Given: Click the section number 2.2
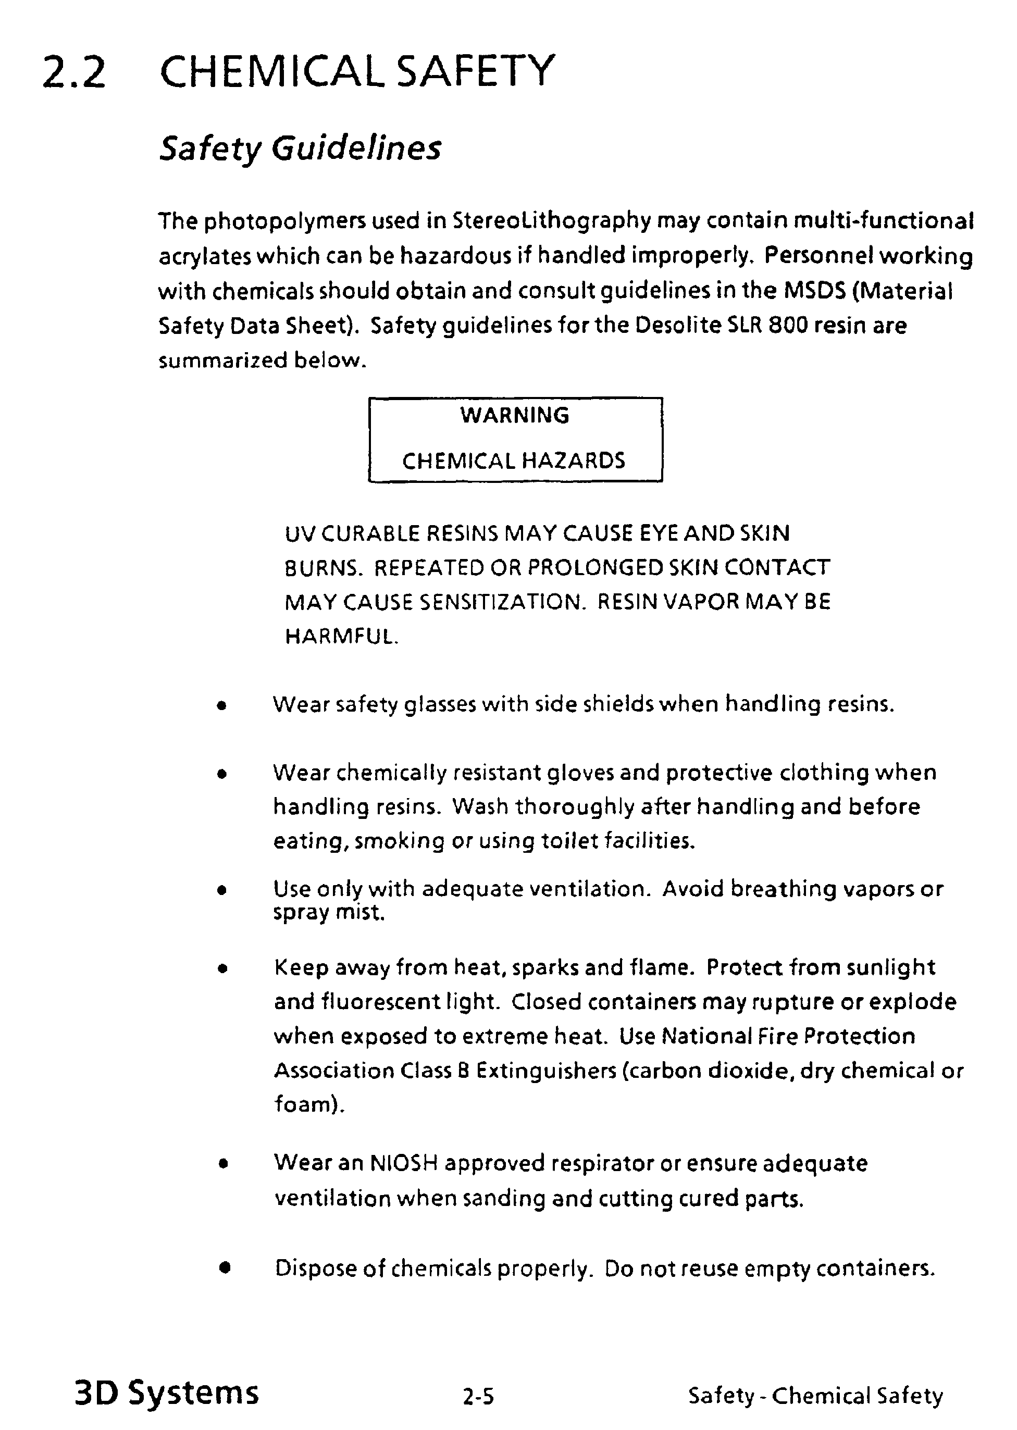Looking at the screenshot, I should tap(74, 71).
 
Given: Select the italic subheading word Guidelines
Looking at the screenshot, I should tap(356, 148).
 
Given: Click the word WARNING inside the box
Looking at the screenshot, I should tap(515, 415).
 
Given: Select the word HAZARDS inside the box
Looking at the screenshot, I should tap(573, 462).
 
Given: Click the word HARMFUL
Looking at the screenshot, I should tap(341, 637).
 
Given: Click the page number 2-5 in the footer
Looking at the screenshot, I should tap(478, 1396).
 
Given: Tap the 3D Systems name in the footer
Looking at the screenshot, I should tap(167, 1392).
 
